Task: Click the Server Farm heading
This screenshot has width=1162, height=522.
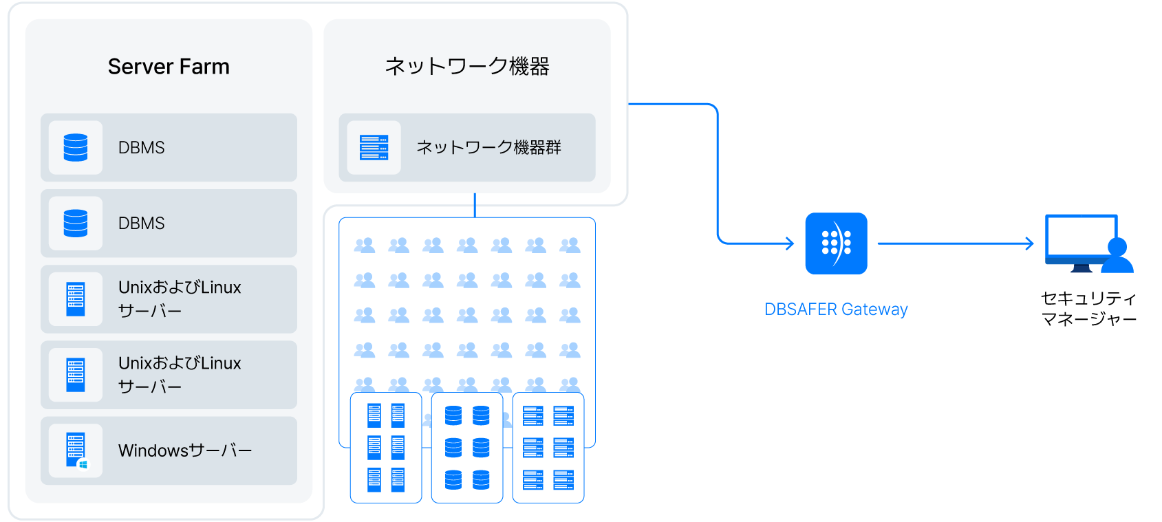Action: pos(169,66)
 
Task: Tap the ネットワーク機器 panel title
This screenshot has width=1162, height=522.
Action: pos(467,66)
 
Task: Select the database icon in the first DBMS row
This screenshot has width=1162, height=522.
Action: pos(75,148)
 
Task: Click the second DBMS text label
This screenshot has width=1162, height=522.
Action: pos(141,224)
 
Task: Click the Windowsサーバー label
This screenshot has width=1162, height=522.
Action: pos(184,450)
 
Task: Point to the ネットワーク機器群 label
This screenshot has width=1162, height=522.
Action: pos(488,148)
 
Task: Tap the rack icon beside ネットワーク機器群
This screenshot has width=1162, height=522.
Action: pos(374,148)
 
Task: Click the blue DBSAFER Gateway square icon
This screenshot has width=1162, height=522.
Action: pos(836,243)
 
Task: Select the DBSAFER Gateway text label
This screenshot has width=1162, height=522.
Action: pos(836,309)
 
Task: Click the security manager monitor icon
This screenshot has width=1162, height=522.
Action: pos(1088,243)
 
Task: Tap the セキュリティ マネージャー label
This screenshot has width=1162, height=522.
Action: pos(1088,308)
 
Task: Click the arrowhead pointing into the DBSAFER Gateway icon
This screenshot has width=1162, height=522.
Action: pos(790,243)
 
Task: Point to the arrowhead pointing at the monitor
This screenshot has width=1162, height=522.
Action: pos(1030,243)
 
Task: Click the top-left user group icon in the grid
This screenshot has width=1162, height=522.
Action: pos(364,246)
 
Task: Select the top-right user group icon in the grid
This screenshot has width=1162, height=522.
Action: pos(570,246)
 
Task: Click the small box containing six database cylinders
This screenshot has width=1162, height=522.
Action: pos(467,448)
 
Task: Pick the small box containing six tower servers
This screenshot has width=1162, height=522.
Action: pos(386,448)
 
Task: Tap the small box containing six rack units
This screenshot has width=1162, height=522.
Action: pos(548,448)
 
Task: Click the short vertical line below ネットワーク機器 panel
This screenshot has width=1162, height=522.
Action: pos(475,205)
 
